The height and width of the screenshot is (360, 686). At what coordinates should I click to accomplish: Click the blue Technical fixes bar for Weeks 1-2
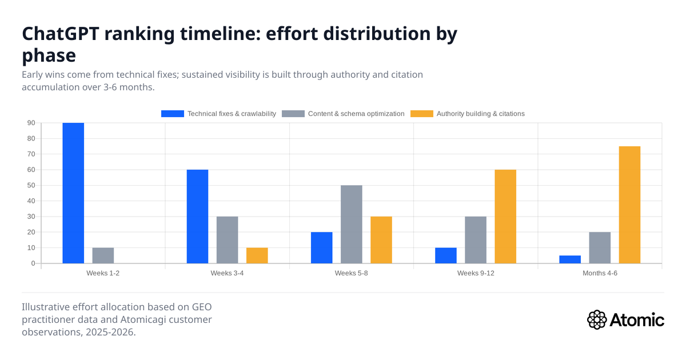(73, 193)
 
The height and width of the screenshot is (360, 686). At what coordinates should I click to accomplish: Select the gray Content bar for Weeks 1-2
(103, 255)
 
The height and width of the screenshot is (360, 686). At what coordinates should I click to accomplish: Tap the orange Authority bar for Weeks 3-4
(257, 255)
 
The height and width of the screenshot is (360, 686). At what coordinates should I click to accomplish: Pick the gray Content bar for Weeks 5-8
(351, 224)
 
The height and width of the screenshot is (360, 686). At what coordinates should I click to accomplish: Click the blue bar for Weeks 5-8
(321, 247)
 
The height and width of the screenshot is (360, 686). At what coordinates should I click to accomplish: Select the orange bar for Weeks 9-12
(505, 217)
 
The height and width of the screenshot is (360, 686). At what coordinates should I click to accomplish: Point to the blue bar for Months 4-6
(570, 259)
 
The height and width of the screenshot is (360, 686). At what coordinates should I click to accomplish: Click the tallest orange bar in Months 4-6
(629, 205)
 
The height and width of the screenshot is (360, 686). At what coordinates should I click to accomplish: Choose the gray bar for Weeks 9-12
(476, 240)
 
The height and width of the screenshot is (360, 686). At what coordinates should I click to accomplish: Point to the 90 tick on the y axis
(31, 123)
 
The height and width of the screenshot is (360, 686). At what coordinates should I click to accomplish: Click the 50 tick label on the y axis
(31, 185)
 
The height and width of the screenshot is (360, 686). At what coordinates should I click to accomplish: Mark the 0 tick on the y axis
(33, 263)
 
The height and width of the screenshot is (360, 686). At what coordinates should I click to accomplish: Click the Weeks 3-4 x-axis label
(227, 273)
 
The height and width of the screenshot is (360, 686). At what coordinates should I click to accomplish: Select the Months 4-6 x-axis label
(600, 273)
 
